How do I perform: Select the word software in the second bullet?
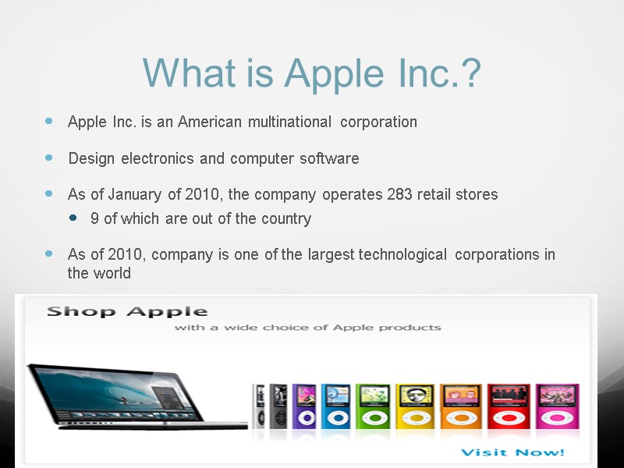click(332, 158)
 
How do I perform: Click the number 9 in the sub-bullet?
click(94, 218)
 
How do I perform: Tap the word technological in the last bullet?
click(402, 254)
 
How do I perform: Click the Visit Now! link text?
click(512, 452)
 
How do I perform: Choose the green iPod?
click(371, 406)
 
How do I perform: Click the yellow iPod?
click(413, 406)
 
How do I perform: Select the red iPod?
click(508, 406)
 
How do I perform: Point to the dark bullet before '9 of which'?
click(74, 218)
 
